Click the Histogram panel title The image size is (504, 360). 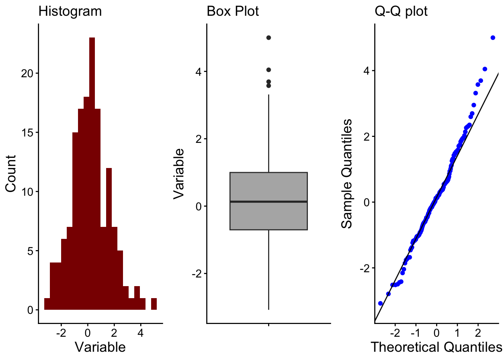(70, 11)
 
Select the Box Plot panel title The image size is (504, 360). (232, 11)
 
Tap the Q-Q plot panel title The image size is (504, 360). (401, 11)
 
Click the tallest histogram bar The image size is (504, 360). (92, 172)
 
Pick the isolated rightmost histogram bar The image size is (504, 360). (154, 304)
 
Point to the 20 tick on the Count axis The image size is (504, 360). (27, 73)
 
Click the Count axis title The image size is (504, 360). (11, 174)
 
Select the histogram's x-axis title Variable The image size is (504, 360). (100, 347)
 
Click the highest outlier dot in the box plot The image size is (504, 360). (268, 37)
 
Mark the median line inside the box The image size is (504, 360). (268, 202)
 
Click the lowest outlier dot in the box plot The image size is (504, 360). (268, 85)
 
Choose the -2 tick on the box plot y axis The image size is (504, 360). (197, 273)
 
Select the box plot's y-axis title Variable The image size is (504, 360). (179, 173)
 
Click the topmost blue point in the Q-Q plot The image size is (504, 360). (493, 37)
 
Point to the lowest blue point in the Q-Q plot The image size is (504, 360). (380, 303)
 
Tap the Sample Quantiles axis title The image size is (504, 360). (347, 173)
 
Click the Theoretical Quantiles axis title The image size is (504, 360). (436, 347)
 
